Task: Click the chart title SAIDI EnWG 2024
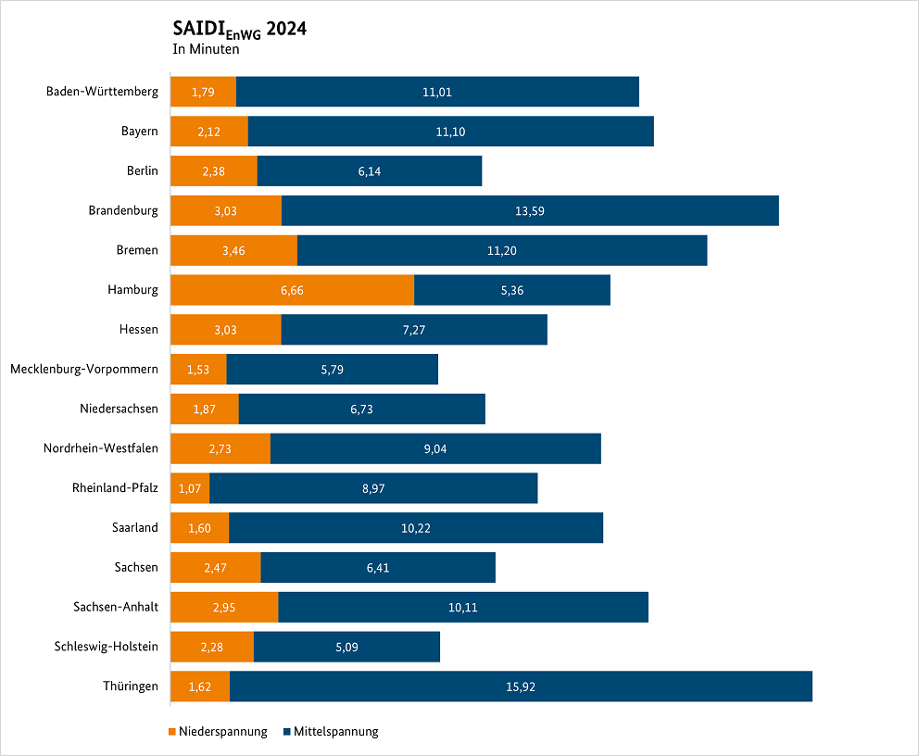(x=239, y=30)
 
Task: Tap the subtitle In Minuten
(x=206, y=50)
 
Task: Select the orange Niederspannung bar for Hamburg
(x=292, y=290)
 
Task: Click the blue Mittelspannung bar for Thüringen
(x=521, y=687)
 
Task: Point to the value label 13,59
(x=530, y=211)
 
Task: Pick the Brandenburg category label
(x=123, y=210)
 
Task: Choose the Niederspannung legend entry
(x=219, y=732)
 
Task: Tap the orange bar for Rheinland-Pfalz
(x=190, y=488)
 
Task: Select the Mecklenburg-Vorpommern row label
(x=84, y=370)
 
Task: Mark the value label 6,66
(x=292, y=291)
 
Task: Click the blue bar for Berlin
(x=370, y=171)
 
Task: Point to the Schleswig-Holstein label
(x=106, y=647)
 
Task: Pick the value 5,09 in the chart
(x=346, y=648)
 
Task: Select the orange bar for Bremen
(x=233, y=250)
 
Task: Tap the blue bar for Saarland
(x=416, y=528)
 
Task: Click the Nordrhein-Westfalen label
(x=100, y=448)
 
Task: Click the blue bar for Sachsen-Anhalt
(x=463, y=608)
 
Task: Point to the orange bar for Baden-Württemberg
(x=204, y=92)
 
